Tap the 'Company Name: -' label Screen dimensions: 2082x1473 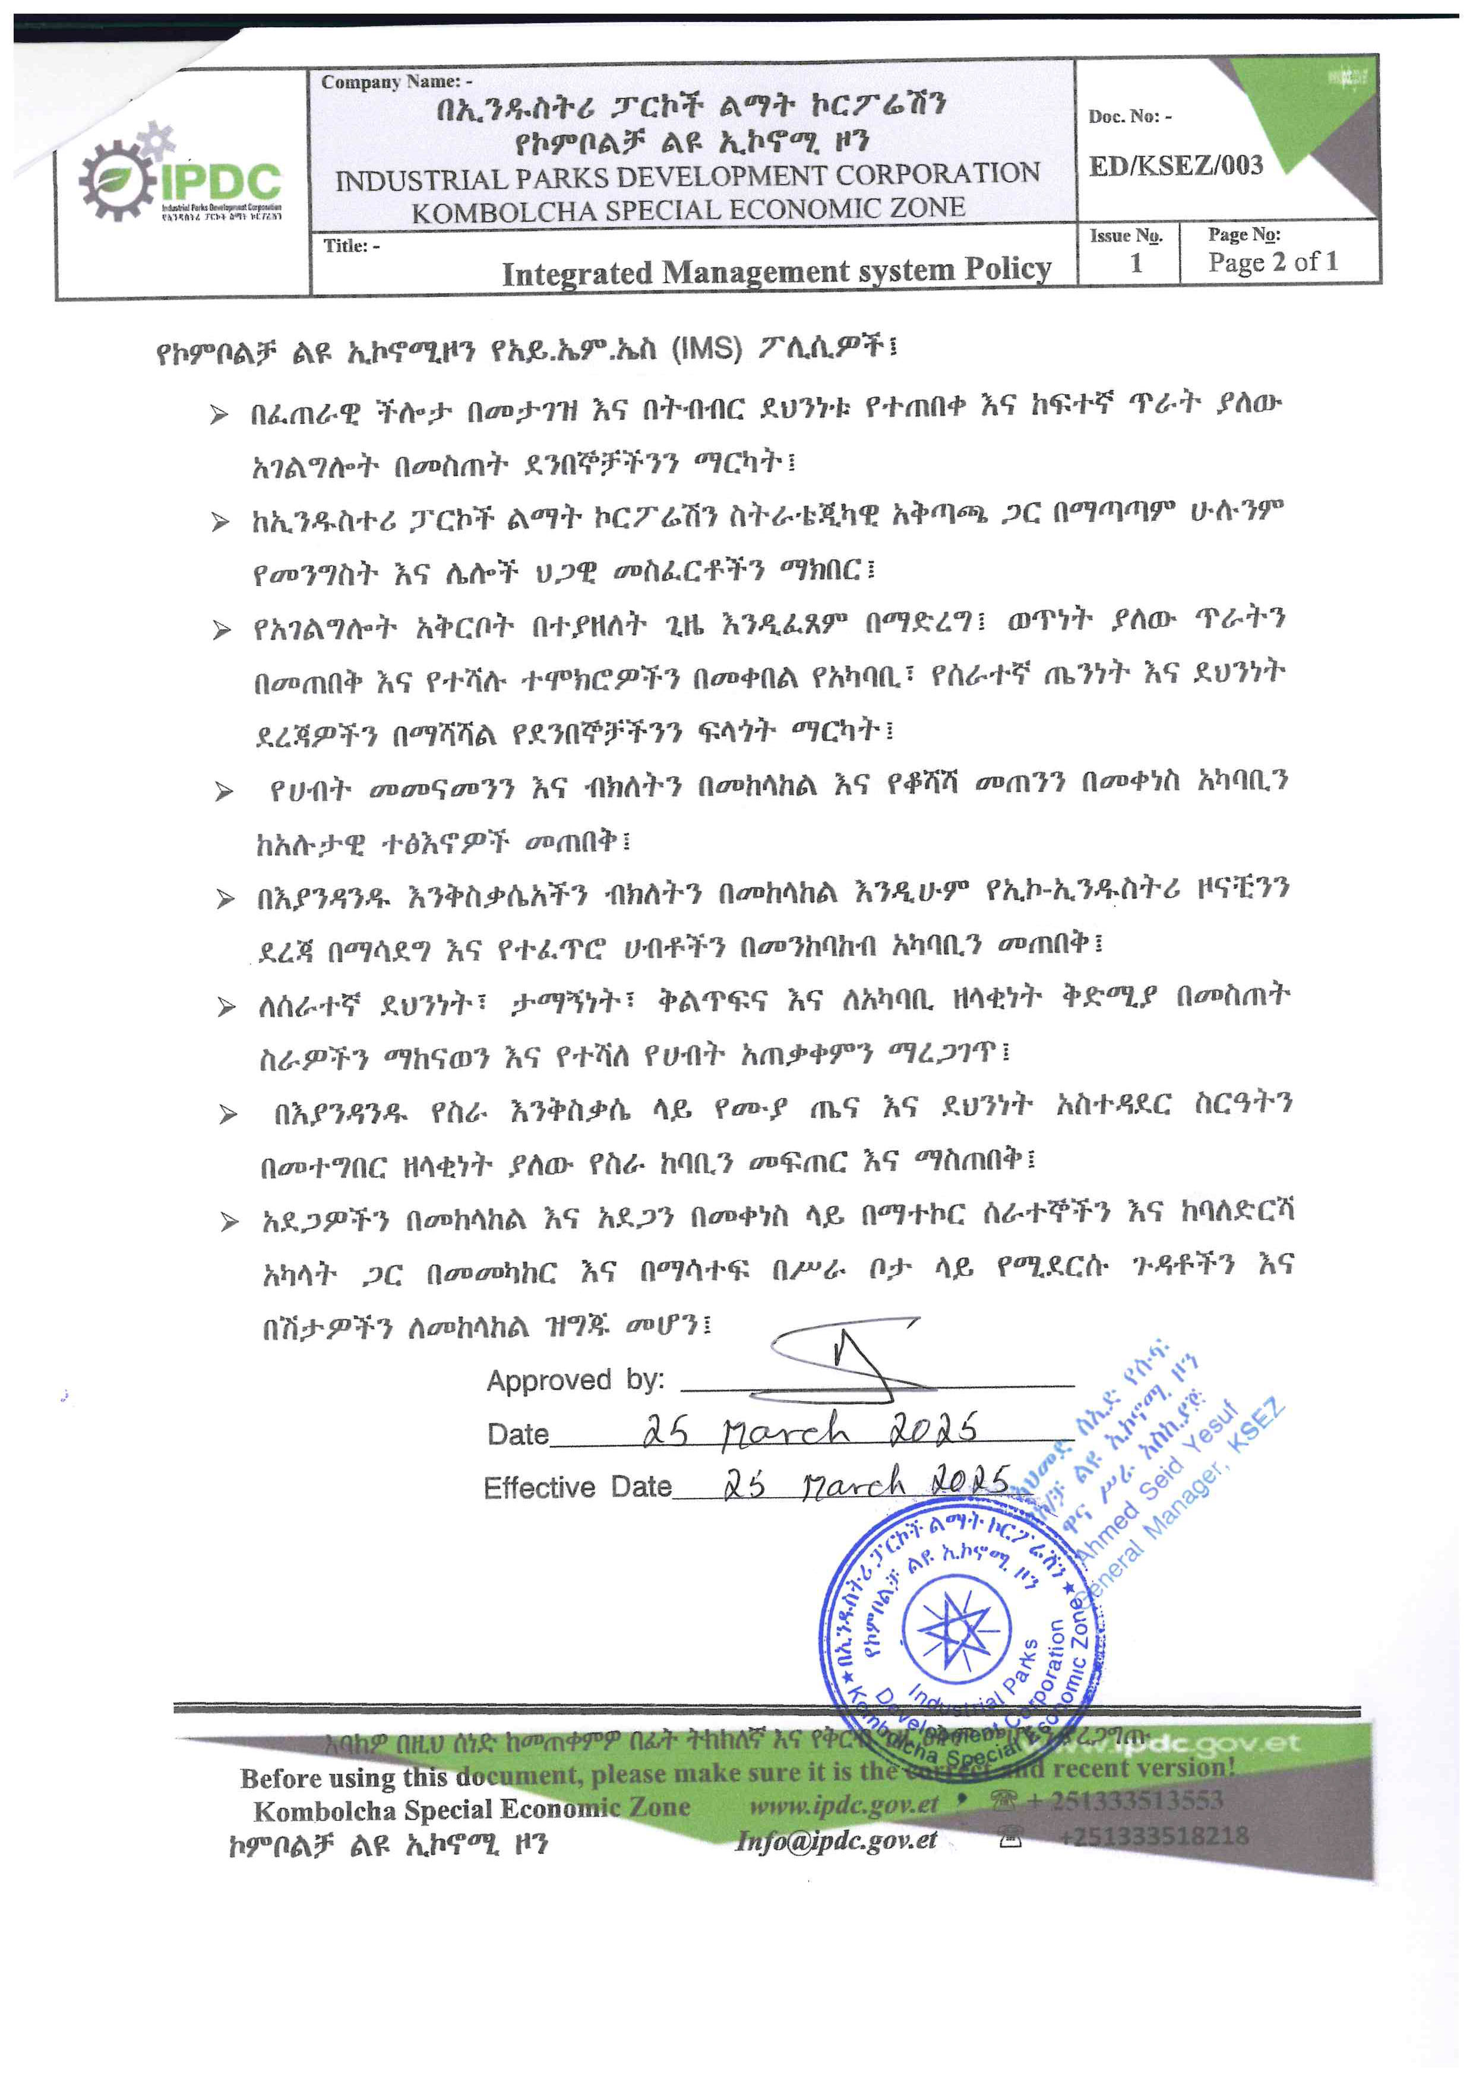pyautogui.click(x=396, y=81)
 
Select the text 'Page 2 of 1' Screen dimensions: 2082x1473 pyautogui.click(x=1273, y=262)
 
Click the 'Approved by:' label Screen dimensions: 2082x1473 pyautogui.click(x=575, y=1380)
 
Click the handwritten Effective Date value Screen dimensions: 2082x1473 pyautogui.click(x=866, y=1484)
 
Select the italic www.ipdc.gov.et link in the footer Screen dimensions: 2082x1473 pyautogui.click(x=843, y=1805)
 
